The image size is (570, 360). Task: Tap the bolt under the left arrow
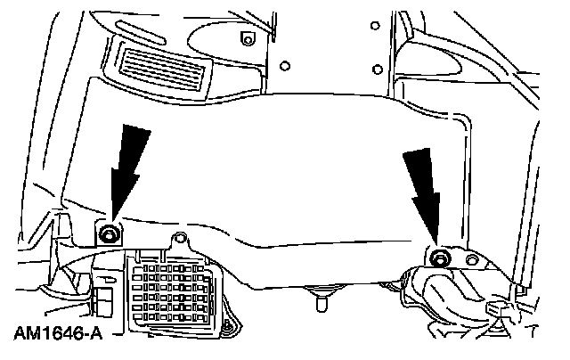[109, 233]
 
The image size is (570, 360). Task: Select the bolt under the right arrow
[439, 258]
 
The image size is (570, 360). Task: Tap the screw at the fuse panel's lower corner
[226, 331]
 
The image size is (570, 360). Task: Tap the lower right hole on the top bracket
[378, 69]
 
